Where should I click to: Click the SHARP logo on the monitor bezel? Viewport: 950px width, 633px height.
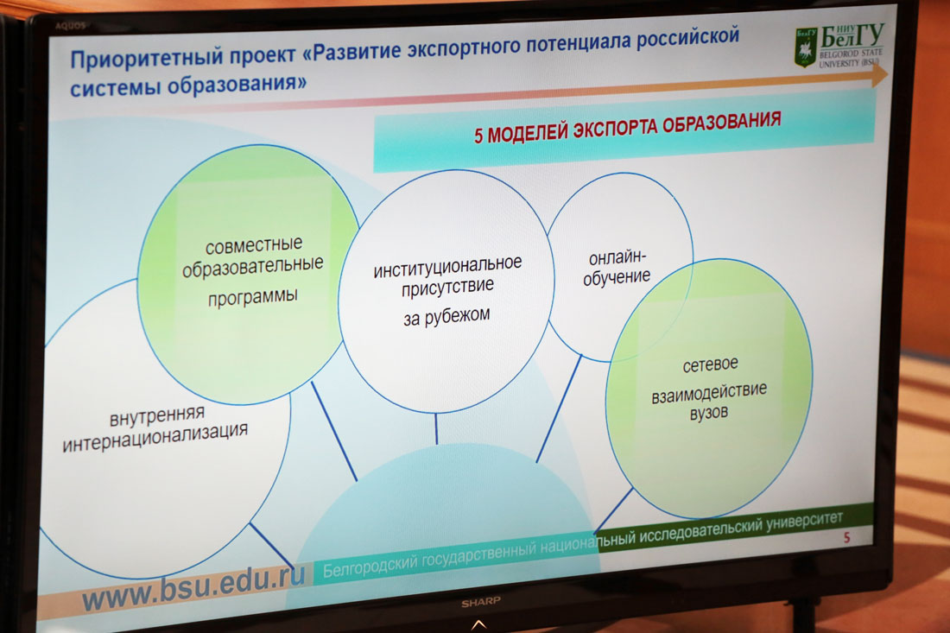[480, 602]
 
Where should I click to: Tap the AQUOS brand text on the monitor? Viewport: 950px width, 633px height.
[70, 26]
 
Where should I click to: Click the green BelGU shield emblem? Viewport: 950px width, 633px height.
[806, 47]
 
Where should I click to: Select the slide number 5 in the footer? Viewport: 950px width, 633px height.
[847, 536]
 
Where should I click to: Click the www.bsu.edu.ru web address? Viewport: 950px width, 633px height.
[193, 586]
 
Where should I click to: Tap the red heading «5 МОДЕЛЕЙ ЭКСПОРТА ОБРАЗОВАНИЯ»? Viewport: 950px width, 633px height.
[627, 127]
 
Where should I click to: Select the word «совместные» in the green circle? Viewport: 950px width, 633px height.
[253, 245]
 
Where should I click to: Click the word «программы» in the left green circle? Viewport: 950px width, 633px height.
[253, 296]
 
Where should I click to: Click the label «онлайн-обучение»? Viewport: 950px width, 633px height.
[617, 267]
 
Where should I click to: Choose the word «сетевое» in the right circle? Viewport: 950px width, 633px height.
[710, 364]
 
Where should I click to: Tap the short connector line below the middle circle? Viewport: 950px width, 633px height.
[435, 428]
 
